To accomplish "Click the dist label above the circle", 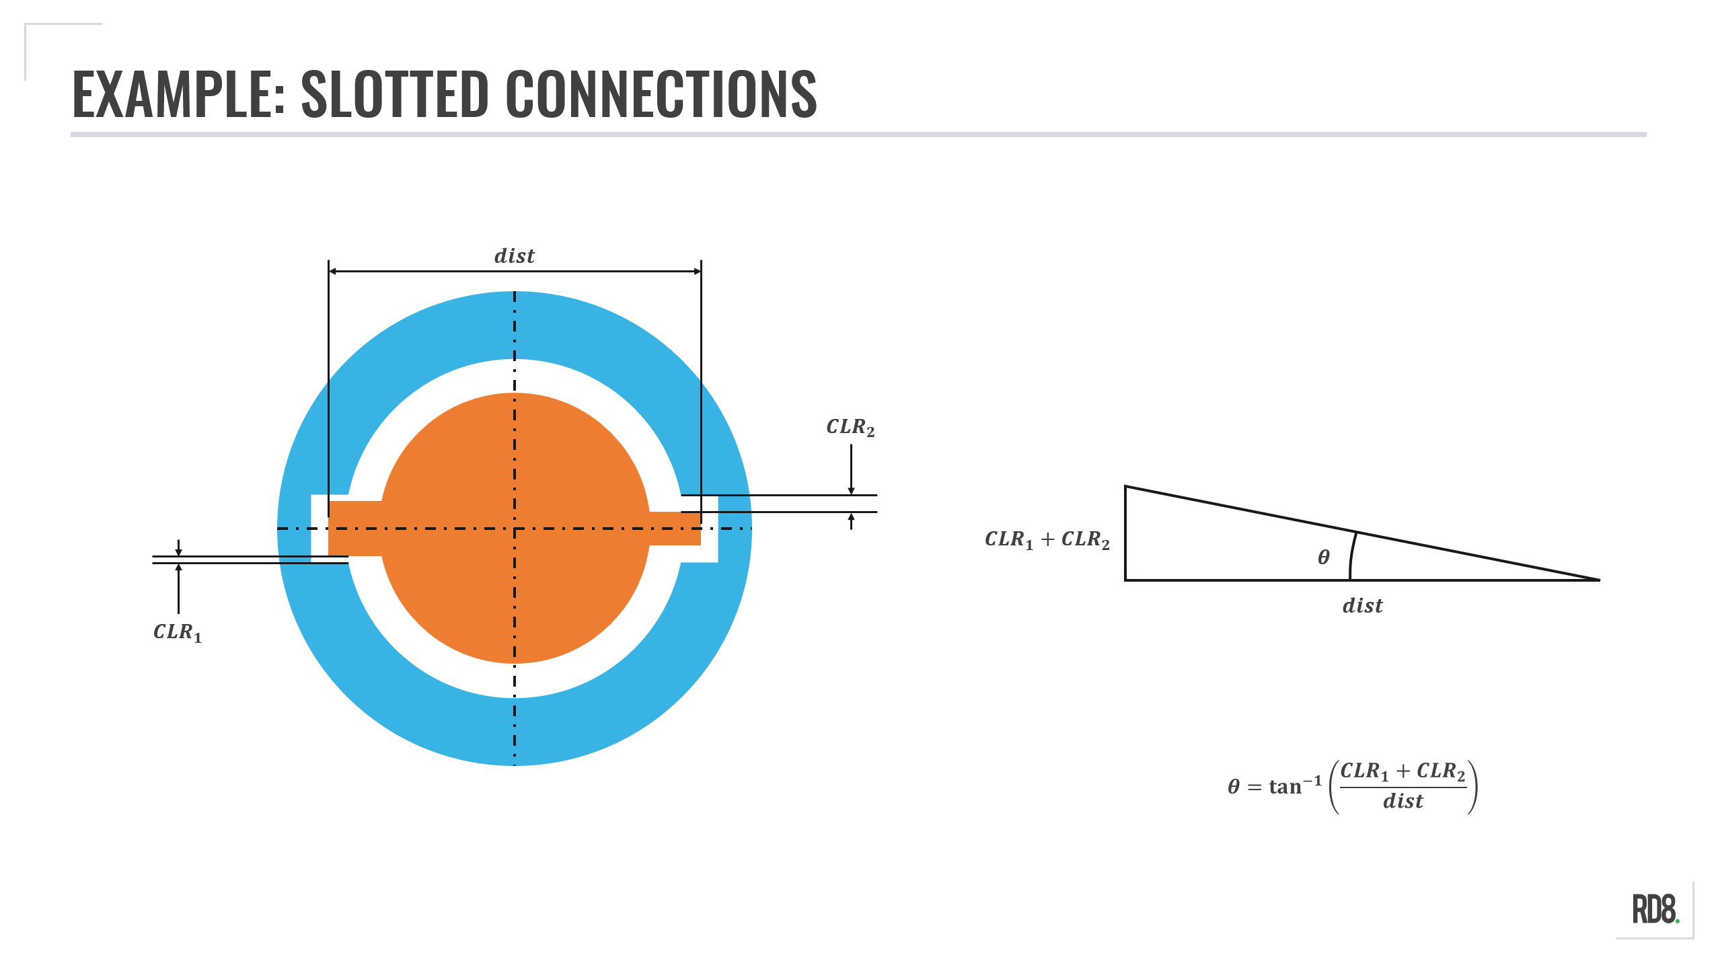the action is [x=515, y=256].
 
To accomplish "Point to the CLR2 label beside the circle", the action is [x=850, y=427].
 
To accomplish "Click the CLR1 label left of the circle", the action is [x=178, y=632].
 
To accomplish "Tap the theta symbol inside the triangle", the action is [x=1324, y=557].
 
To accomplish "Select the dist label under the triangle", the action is [x=1362, y=606].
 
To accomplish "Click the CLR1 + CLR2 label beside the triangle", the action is [x=1047, y=539].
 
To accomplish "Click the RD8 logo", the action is [x=1655, y=910].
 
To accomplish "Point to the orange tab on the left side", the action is [x=354, y=528].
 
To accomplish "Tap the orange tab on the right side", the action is [x=675, y=529].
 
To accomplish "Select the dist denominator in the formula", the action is [x=1403, y=801].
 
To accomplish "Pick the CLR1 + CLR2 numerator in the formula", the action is [x=1403, y=771].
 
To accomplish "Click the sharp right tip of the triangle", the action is [x=1598, y=579].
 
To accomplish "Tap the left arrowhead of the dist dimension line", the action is [x=332, y=271].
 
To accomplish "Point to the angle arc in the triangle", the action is [x=1352, y=555].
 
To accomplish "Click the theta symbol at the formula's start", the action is [x=1234, y=786].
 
